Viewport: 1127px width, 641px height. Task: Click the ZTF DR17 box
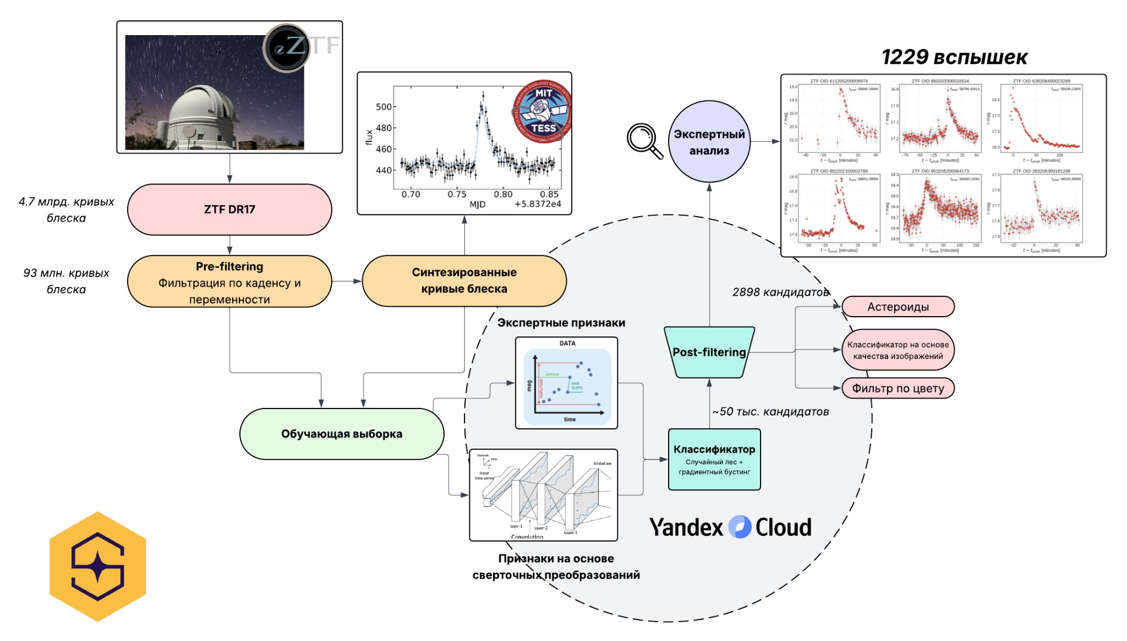[x=229, y=209]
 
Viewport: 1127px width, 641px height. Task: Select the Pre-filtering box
[x=229, y=282]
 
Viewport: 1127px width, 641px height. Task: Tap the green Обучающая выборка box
[x=342, y=434]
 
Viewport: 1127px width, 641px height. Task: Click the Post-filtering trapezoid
[x=709, y=352]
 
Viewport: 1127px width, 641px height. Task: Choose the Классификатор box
[x=714, y=460]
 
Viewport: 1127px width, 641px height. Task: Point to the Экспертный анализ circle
[x=709, y=142]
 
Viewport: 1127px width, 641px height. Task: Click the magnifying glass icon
[x=644, y=141]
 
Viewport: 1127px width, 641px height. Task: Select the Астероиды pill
[x=898, y=307]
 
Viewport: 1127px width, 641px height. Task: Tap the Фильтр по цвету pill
[x=898, y=388]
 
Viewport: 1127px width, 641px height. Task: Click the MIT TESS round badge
[x=543, y=112]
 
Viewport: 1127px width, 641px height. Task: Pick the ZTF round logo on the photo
[x=287, y=48]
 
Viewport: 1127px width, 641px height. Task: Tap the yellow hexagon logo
[x=98, y=567]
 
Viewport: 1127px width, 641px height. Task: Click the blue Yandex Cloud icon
[x=740, y=527]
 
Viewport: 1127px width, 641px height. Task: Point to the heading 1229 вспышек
[x=954, y=57]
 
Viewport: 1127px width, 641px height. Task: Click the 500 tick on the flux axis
[x=384, y=107]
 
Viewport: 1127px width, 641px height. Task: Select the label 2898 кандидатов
[x=781, y=292]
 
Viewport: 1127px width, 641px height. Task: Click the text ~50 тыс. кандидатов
[x=770, y=412]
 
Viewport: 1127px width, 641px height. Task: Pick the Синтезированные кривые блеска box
[x=464, y=281]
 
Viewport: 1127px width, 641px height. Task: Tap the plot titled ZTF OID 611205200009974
[x=839, y=119]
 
